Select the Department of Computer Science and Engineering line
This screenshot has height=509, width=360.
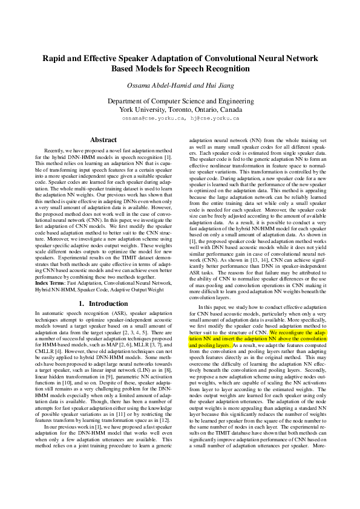180,101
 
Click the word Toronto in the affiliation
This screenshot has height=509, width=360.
179,110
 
